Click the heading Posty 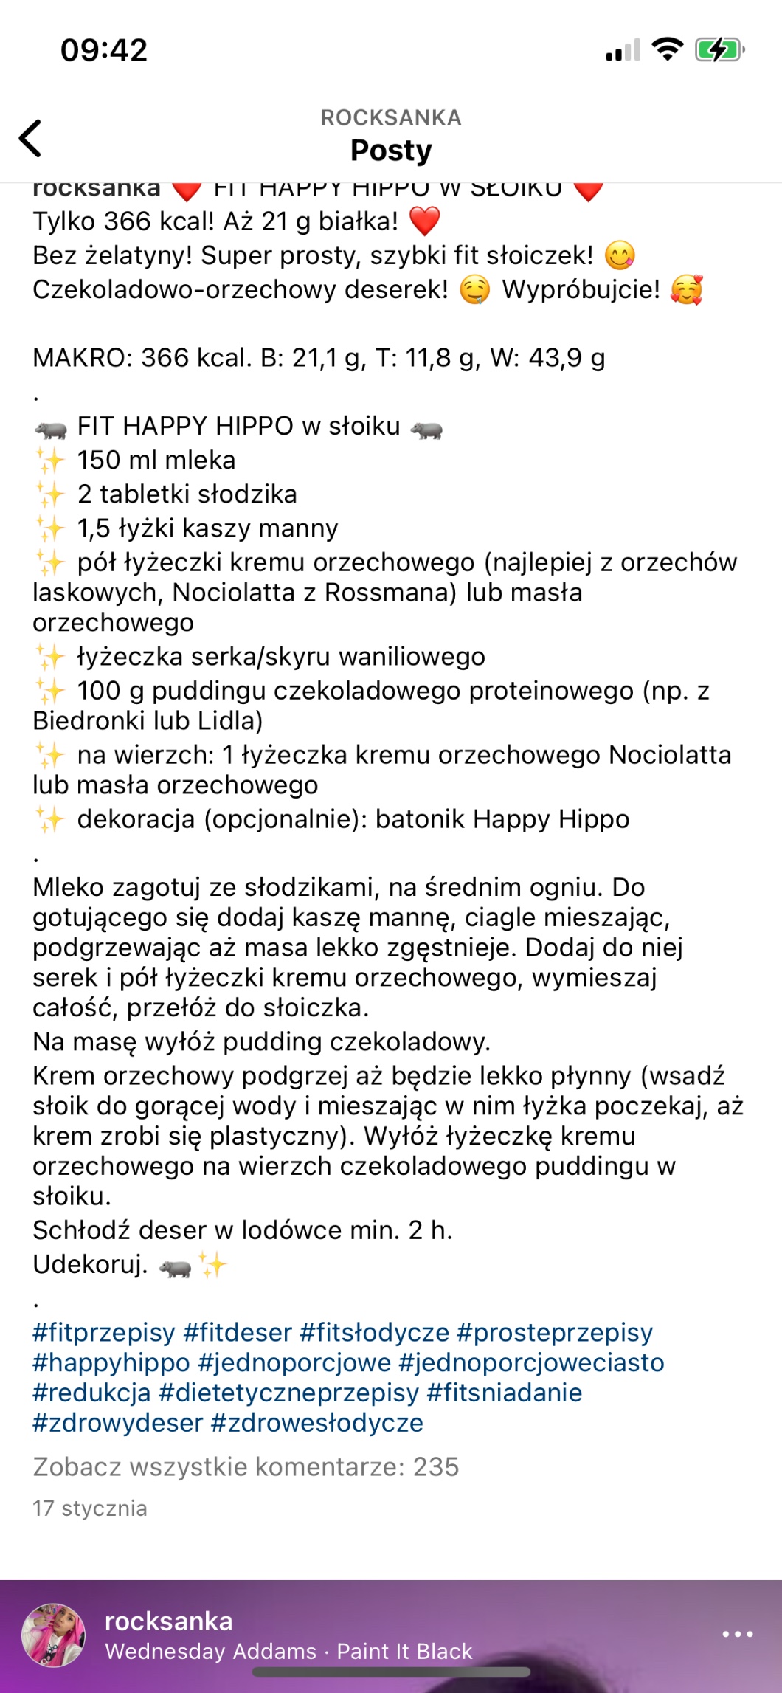coord(390,150)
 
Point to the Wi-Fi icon coord(667,49)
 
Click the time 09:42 coord(104,50)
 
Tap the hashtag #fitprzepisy coord(104,1332)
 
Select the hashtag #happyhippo coord(111,1362)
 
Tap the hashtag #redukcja coord(91,1393)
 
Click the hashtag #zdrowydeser coord(117,1423)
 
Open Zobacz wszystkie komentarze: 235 coord(246,1466)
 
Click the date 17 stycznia coord(89,1508)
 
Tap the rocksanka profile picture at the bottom coord(53,1635)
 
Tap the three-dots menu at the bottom coord(737,1635)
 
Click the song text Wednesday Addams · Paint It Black coord(288,1652)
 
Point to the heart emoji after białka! coord(424,221)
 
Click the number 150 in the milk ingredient coord(99,460)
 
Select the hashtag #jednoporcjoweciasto coord(531,1362)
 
